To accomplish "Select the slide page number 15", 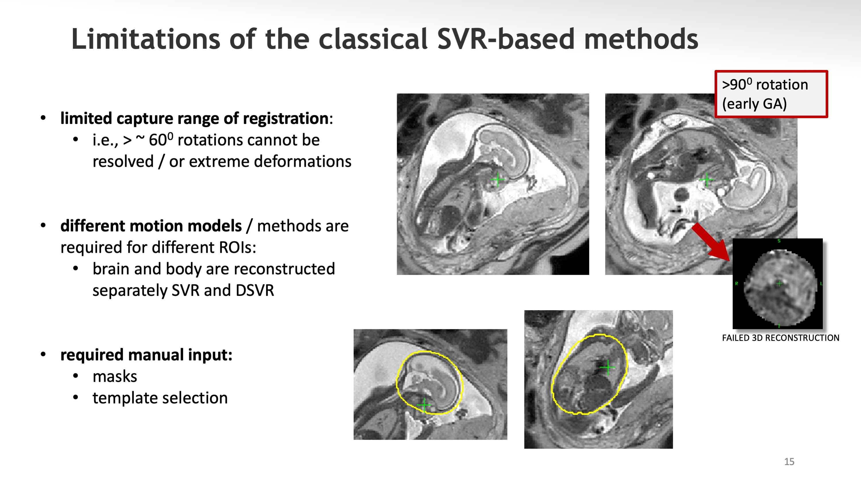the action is point(789,462).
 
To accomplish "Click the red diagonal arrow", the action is point(710,242).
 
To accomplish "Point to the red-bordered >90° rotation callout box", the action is point(771,94).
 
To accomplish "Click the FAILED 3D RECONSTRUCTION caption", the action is point(780,338).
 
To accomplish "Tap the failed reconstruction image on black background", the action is point(777,284).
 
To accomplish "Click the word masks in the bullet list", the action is point(115,376).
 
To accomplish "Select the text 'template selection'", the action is point(160,398).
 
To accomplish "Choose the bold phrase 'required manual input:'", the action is point(146,355).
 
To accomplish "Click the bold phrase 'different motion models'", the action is point(151,226).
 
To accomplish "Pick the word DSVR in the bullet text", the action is point(255,290).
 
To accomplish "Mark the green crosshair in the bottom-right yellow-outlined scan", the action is point(607,368).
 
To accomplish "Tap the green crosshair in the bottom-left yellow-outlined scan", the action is point(424,405).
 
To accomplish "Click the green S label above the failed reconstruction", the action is point(779,241).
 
